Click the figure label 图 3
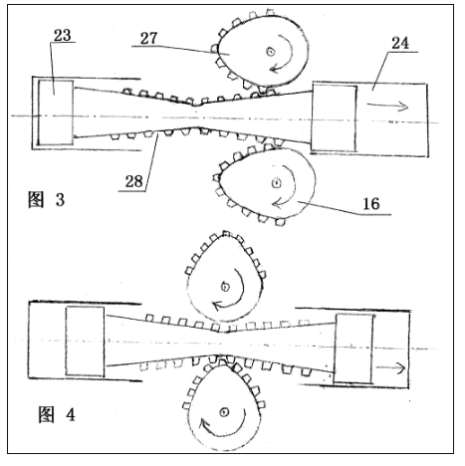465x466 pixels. (46, 199)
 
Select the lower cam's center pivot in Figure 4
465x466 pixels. (226, 412)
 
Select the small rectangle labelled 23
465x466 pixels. (50, 104)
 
